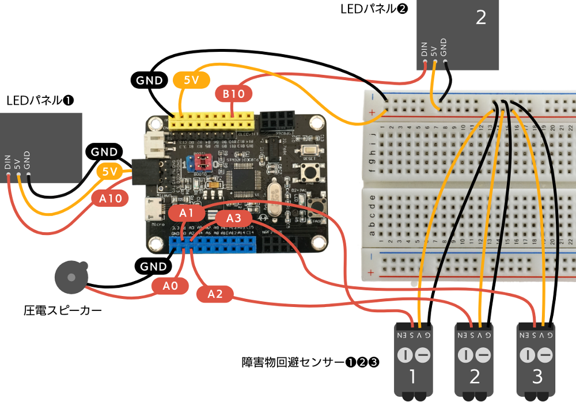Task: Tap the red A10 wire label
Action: (x=110, y=199)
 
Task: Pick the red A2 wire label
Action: (x=215, y=294)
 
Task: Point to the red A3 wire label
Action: (x=234, y=218)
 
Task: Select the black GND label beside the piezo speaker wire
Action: (x=153, y=266)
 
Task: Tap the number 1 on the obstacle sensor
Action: (x=412, y=377)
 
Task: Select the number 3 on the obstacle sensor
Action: (x=537, y=377)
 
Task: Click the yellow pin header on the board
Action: (x=213, y=122)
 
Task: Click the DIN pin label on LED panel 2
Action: (x=425, y=50)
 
